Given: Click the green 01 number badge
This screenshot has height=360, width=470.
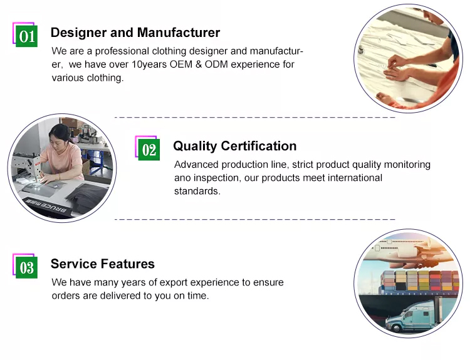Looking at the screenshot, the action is [27, 36].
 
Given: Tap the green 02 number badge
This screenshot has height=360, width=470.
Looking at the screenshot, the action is [149, 150].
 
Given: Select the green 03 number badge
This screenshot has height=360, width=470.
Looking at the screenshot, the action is [27, 267].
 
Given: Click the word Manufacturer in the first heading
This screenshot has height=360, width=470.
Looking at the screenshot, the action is [179, 33].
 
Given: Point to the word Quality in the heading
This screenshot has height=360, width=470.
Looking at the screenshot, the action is [195, 147].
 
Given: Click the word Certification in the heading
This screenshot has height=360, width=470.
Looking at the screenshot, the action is [259, 146].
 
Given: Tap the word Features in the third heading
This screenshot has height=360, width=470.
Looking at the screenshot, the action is [128, 264].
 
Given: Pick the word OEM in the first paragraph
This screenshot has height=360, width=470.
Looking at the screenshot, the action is [180, 64].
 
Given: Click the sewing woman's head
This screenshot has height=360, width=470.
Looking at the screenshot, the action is [60, 134].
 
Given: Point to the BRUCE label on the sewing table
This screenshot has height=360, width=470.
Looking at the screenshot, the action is [47, 206].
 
